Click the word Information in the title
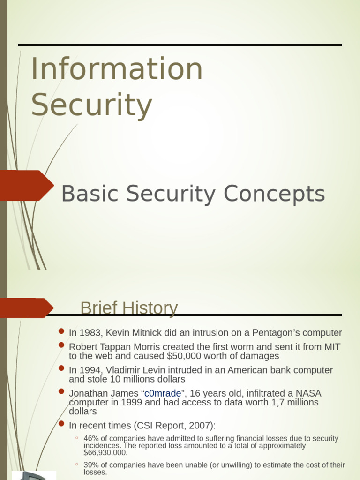click(117, 69)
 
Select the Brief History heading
click(129, 308)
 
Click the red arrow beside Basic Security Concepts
click(26, 186)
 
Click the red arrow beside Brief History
click(26, 308)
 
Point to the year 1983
click(90, 333)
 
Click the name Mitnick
click(146, 333)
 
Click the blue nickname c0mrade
click(162, 393)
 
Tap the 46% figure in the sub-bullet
click(90, 439)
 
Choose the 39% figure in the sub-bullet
click(90, 465)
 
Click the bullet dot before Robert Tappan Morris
click(61, 345)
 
